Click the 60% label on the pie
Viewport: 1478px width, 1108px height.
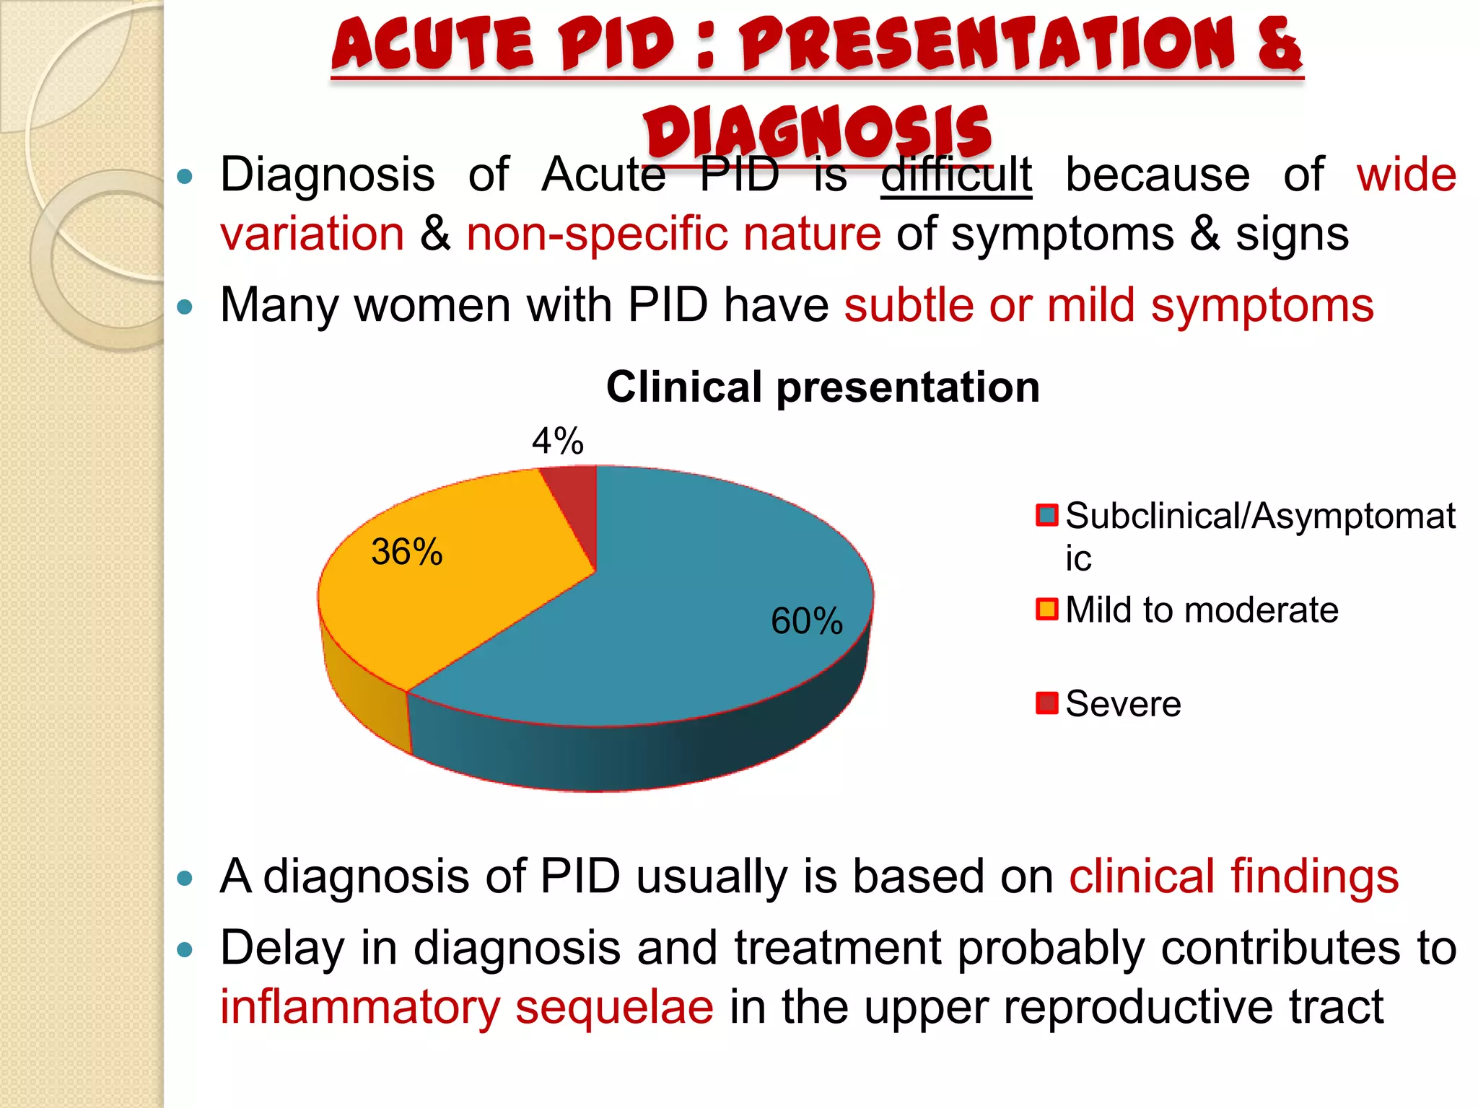806,621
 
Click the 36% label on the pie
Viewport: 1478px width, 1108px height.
406,552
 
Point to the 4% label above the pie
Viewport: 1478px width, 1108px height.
557,441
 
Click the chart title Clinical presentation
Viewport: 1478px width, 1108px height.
823,387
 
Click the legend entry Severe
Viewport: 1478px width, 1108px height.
1123,703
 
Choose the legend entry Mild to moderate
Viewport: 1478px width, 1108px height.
1202,610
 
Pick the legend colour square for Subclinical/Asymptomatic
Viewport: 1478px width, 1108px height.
1046,515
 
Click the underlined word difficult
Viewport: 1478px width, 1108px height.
956,175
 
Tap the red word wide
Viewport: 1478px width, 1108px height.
1406,175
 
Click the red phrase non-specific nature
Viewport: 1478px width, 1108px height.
673,234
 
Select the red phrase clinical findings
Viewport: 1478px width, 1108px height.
1233,876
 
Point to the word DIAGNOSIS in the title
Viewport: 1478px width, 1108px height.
818,133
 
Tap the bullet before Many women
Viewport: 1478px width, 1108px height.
185,307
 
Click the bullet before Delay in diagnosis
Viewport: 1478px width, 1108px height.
185,950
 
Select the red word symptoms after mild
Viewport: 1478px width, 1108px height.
1262,306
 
